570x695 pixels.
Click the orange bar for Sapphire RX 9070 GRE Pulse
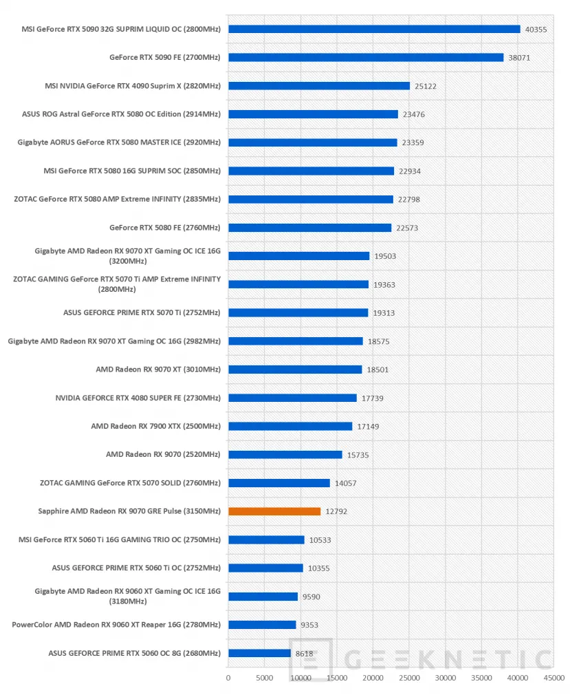click(x=274, y=511)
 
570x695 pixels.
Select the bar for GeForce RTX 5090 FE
click(x=366, y=57)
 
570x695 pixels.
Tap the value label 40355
click(x=536, y=30)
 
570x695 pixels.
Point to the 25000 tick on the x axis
click(x=409, y=678)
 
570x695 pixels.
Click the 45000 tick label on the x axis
click(x=554, y=678)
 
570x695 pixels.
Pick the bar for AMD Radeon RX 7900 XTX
click(x=290, y=426)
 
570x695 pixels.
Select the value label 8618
click(x=305, y=653)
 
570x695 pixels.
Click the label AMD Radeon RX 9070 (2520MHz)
click(x=163, y=454)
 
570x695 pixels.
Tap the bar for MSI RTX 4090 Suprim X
click(x=319, y=85)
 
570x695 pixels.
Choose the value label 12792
click(x=336, y=511)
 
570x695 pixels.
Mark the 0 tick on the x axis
click(x=228, y=678)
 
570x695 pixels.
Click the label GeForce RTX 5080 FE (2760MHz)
click(x=165, y=227)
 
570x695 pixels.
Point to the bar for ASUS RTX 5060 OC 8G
click(x=259, y=653)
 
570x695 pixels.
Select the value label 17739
click(x=373, y=398)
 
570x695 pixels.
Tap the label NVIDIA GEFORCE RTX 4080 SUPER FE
click(x=138, y=398)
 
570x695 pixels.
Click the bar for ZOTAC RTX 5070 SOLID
click(x=279, y=482)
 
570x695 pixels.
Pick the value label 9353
click(x=309, y=625)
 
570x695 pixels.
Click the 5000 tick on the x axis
click(x=265, y=678)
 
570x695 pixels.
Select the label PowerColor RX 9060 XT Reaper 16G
click(x=116, y=625)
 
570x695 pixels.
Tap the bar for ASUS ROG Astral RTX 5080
click(x=313, y=114)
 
